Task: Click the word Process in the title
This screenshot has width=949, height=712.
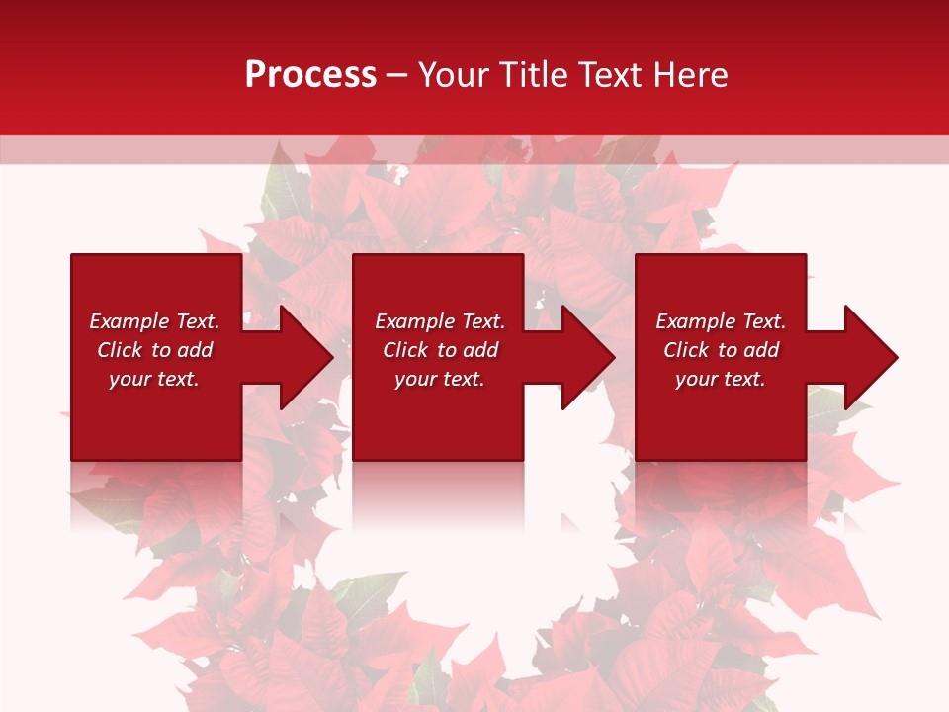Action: pos(310,75)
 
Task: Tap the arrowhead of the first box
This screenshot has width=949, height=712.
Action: pos(307,357)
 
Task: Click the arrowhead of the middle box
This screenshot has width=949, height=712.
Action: pos(589,357)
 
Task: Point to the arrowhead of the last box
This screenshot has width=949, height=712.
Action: pos(871,357)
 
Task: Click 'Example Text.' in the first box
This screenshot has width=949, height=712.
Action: pos(154,321)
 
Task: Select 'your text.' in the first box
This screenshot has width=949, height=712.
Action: pos(154,379)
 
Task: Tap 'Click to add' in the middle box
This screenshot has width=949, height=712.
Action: pos(440,350)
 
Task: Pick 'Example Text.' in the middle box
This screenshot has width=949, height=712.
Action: pos(440,321)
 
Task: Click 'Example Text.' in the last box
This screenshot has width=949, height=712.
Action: pos(721,321)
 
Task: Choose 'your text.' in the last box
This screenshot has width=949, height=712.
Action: pos(721,379)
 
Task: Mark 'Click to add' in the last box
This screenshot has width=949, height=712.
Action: pos(721,350)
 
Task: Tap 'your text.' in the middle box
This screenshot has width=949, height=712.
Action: pos(440,379)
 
